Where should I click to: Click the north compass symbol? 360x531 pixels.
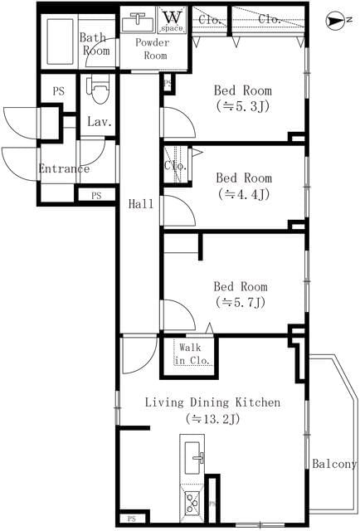pos(334,18)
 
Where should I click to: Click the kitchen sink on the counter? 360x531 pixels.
pos(194,455)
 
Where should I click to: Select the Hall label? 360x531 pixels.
pos(139,203)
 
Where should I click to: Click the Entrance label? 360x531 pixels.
pos(63,169)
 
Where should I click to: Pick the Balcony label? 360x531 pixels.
pos(333,465)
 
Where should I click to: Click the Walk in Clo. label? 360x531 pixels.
pos(192,353)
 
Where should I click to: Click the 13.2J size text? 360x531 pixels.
pos(212,419)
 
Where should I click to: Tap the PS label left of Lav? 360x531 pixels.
pos(58,91)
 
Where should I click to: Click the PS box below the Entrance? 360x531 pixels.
pos(96,196)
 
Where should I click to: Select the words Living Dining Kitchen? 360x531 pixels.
pos(212,402)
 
